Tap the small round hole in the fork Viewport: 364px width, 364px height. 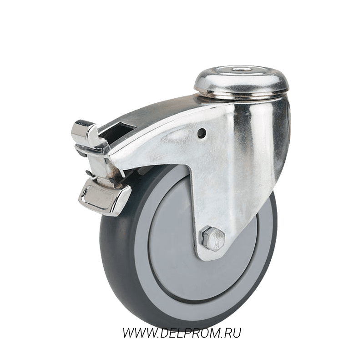tap(201, 132)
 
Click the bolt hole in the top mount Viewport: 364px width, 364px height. tap(238, 69)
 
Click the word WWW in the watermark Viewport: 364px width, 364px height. tap(138, 333)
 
